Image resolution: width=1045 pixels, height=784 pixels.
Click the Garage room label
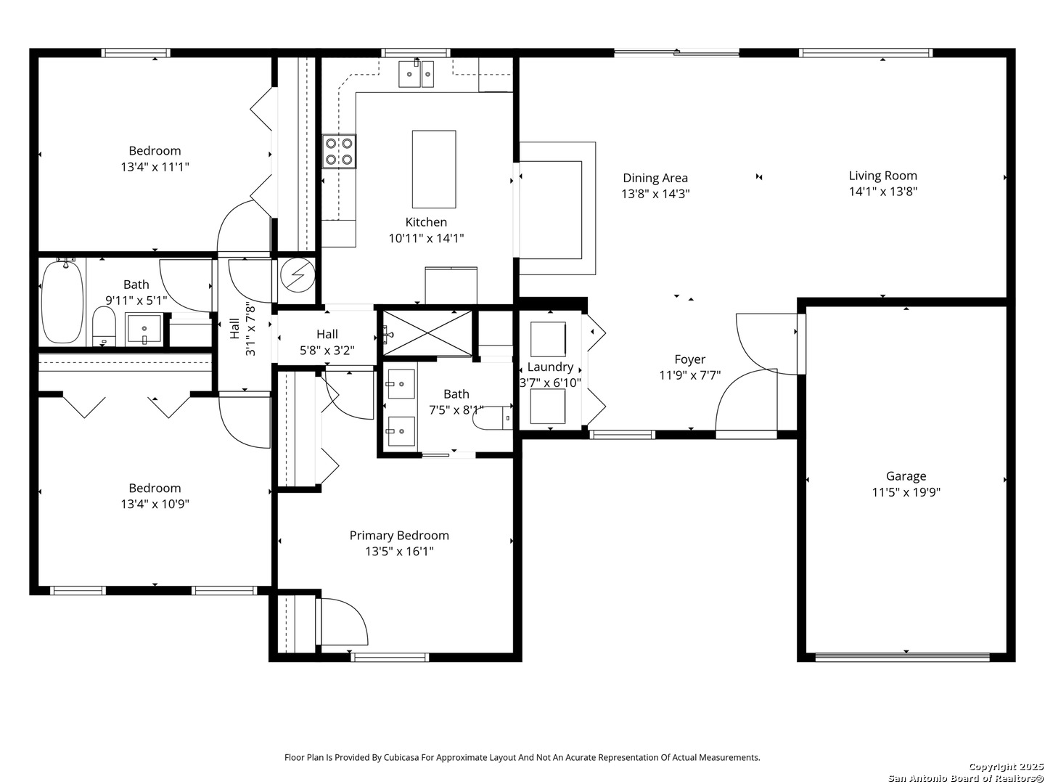[906, 476]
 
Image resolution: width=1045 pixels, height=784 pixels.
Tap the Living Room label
[882, 176]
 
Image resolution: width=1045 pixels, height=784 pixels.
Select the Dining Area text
[655, 178]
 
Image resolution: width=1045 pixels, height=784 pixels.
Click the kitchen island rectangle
[434, 169]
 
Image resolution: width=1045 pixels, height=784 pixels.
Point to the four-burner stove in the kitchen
[339, 151]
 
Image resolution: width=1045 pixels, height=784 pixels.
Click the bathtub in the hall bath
[62, 301]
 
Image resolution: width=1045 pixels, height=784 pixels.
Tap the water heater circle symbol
[297, 274]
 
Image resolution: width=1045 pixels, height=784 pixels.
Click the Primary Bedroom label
[399, 536]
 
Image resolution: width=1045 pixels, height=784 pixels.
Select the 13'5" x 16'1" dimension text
[399, 552]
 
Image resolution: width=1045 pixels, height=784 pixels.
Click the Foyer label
[690, 359]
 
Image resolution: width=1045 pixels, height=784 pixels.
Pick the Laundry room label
[550, 367]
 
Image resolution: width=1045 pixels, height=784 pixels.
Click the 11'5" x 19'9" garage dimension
[906, 492]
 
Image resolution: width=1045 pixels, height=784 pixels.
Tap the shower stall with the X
[427, 332]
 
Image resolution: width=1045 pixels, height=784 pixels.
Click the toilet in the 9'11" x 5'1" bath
[104, 326]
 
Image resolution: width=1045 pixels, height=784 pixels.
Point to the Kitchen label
[426, 222]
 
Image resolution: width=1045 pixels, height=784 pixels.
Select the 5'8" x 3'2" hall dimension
[327, 351]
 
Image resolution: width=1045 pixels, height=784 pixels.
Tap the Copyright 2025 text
[1004, 767]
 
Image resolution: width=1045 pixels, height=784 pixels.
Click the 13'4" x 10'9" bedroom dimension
[155, 504]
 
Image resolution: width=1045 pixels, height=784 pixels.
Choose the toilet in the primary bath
[492, 418]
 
